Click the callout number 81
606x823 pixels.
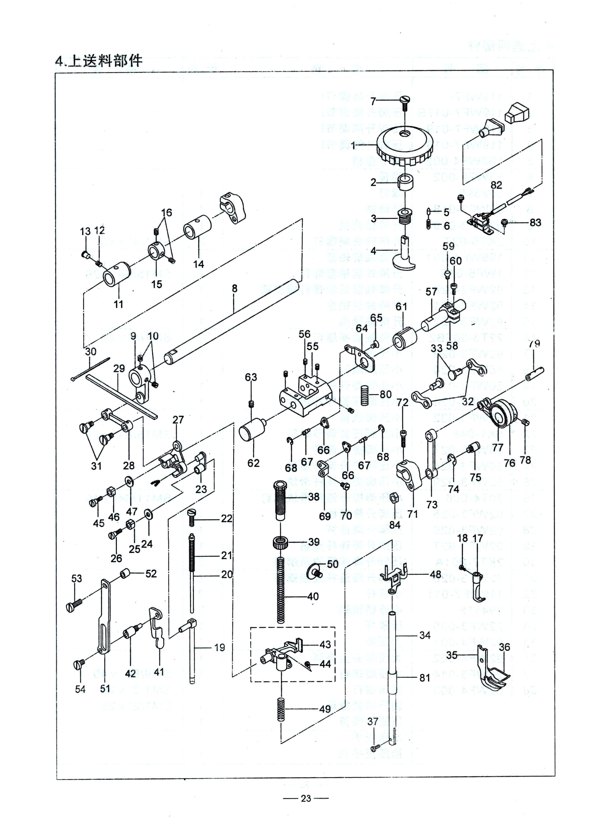tap(424, 678)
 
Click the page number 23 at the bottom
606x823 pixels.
tap(306, 798)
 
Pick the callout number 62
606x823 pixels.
tap(253, 463)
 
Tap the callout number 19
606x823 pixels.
tap(219, 647)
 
